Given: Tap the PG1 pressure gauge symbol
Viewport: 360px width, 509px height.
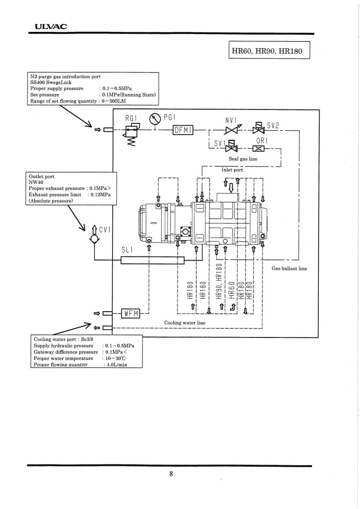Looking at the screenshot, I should [155, 119].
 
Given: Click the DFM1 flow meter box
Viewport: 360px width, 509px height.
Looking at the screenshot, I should [182, 130].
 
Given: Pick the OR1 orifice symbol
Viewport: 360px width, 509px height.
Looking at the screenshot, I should [259, 148].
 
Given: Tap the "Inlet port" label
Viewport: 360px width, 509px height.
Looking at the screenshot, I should [232, 170].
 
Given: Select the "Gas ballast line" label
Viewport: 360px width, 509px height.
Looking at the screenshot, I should [289, 268].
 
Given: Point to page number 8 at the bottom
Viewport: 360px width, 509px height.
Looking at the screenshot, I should [171, 474].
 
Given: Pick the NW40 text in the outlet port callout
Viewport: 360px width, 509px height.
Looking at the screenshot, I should [36, 182].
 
